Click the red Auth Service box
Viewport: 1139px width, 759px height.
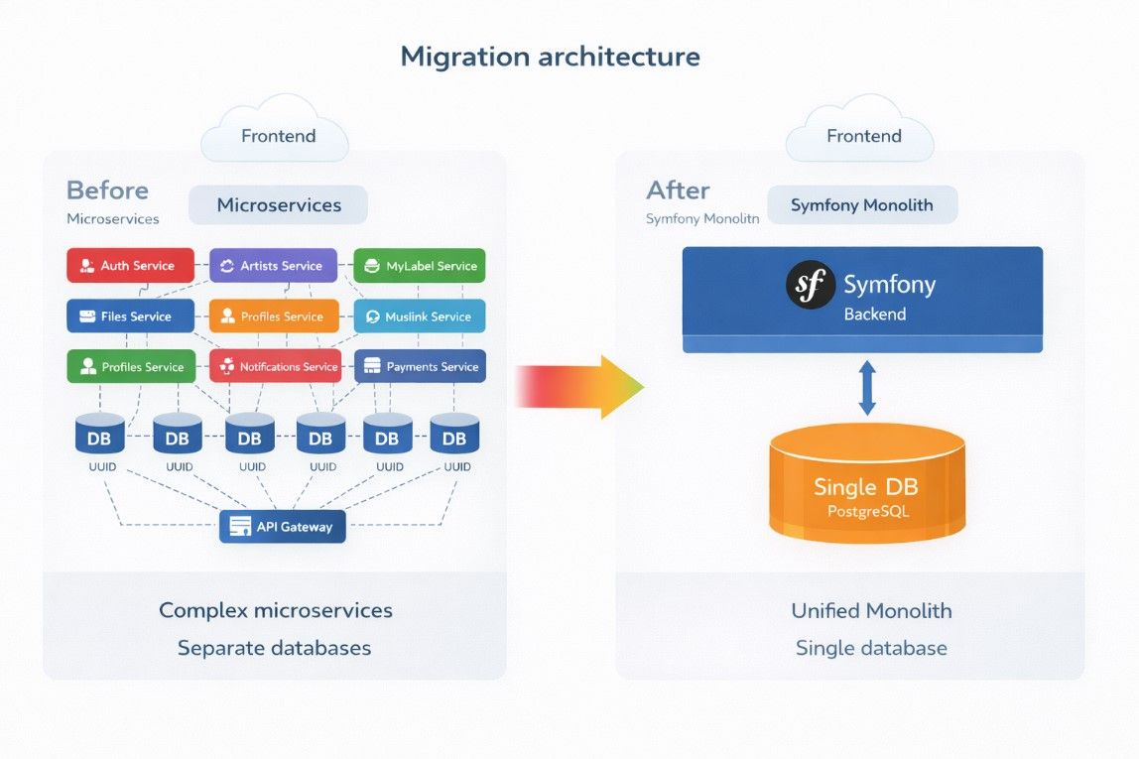click(x=128, y=266)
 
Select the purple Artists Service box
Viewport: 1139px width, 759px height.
click(x=273, y=266)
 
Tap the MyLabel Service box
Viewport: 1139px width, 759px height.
click(x=420, y=266)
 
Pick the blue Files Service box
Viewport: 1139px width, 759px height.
click(x=128, y=316)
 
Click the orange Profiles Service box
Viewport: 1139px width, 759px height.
click(x=273, y=316)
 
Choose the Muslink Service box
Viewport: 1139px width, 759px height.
click(x=420, y=316)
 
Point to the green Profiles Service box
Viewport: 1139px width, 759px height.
click(x=128, y=367)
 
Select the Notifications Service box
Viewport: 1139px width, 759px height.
click(x=275, y=367)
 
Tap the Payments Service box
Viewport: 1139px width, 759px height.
click(x=420, y=367)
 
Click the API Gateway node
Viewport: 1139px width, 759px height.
click(x=283, y=527)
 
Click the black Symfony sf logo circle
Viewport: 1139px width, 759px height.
click(x=810, y=285)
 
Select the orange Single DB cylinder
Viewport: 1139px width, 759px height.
click(x=867, y=485)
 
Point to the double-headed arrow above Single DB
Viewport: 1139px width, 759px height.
click(x=867, y=388)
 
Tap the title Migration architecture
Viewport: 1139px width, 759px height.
click(x=550, y=57)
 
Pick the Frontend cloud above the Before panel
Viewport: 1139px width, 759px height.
click(x=276, y=133)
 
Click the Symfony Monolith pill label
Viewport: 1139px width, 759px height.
click(x=861, y=205)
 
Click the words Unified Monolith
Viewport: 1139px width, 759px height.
click(x=871, y=611)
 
